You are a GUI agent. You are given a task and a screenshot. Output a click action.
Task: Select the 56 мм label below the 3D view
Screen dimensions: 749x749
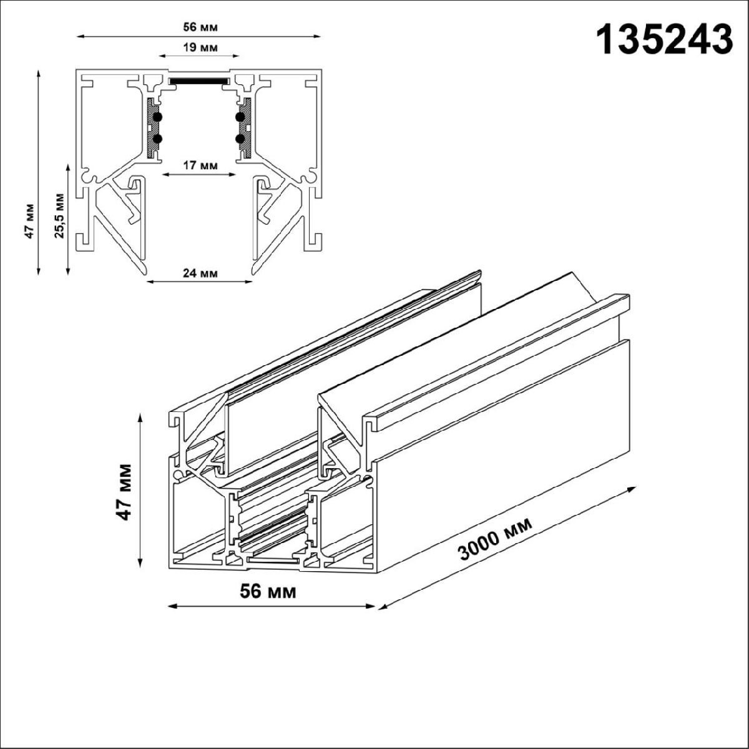268,590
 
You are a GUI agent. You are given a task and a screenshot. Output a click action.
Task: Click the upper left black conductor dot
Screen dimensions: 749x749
157,116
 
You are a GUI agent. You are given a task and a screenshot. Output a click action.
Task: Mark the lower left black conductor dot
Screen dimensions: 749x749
157,139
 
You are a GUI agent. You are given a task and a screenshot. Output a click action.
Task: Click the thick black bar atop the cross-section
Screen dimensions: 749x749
199,81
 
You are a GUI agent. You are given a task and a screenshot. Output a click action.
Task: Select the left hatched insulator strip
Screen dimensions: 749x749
150,127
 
